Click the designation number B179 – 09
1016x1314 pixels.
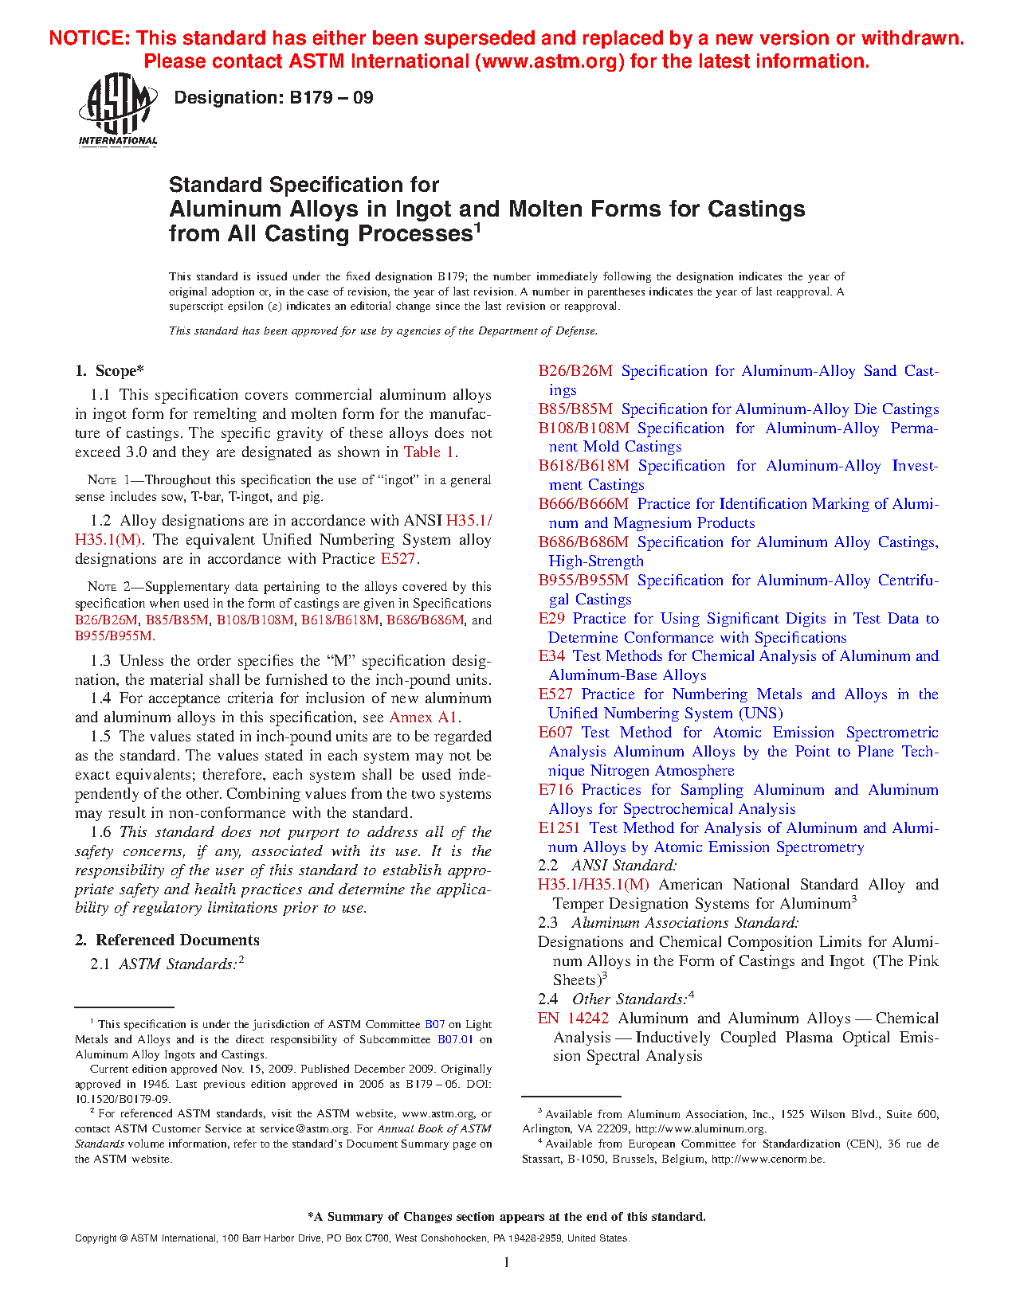pos(273,98)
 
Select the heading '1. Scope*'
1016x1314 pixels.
pos(110,371)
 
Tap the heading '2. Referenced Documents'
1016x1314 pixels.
pos(167,941)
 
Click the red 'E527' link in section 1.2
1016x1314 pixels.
pos(398,559)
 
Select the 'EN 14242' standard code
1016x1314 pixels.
pos(573,1019)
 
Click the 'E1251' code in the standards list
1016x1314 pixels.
pos(559,828)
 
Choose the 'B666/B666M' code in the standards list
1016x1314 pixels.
pos(583,504)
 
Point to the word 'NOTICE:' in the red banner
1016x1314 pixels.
pos(89,38)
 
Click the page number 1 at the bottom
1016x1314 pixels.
pos(507,1261)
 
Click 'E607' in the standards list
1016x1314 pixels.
pos(555,733)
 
